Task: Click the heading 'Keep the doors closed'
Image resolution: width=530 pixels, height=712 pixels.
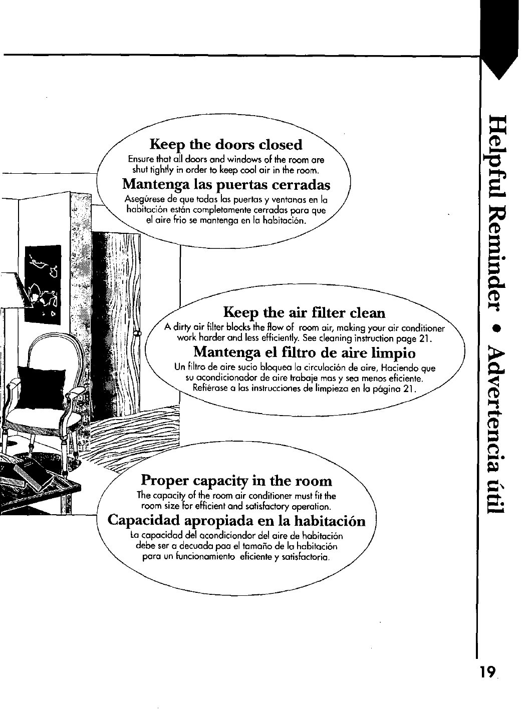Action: [x=226, y=145]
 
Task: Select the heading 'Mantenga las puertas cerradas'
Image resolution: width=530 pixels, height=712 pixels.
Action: [x=226, y=185]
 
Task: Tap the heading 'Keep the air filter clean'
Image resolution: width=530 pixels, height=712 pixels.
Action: [x=305, y=313]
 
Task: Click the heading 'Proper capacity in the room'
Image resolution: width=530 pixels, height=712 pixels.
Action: [x=237, y=481]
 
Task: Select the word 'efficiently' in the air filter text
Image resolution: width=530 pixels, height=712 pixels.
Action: [x=259, y=337]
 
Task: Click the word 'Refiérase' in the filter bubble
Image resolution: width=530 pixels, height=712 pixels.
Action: [x=209, y=389]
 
